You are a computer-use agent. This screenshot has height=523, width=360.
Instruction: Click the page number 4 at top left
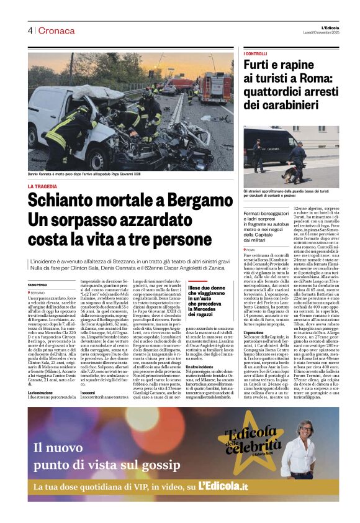click(30, 30)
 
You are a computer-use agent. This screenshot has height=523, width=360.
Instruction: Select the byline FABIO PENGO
click(37, 284)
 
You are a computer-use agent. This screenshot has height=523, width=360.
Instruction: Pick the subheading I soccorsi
click(90, 392)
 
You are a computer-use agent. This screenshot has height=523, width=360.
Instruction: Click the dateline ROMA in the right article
click(250, 249)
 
